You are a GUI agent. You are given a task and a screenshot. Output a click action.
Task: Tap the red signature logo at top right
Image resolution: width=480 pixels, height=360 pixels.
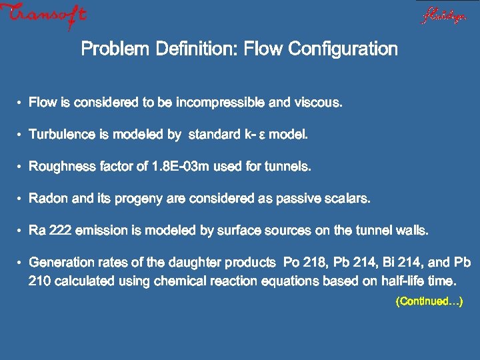click(x=443, y=15)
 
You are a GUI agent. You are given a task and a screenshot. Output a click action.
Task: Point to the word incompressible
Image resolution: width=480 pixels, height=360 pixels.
click(x=219, y=103)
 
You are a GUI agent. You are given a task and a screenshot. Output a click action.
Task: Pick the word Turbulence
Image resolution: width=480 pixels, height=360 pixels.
click(x=62, y=135)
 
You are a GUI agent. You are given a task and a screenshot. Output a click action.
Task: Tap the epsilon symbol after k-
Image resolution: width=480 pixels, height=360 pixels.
click(x=261, y=135)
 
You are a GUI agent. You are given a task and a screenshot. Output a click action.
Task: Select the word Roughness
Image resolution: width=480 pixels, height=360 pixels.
click(x=65, y=167)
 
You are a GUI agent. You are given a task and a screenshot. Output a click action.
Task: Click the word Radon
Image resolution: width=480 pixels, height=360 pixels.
click(x=48, y=199)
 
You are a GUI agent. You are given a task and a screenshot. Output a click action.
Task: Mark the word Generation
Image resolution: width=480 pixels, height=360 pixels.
click(x=63, y=262)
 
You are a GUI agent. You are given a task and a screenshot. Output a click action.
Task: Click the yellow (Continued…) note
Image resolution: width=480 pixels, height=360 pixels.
click(x=429, y=302)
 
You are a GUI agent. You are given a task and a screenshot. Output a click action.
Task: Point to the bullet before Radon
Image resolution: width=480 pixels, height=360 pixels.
click(x=21, y=199)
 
